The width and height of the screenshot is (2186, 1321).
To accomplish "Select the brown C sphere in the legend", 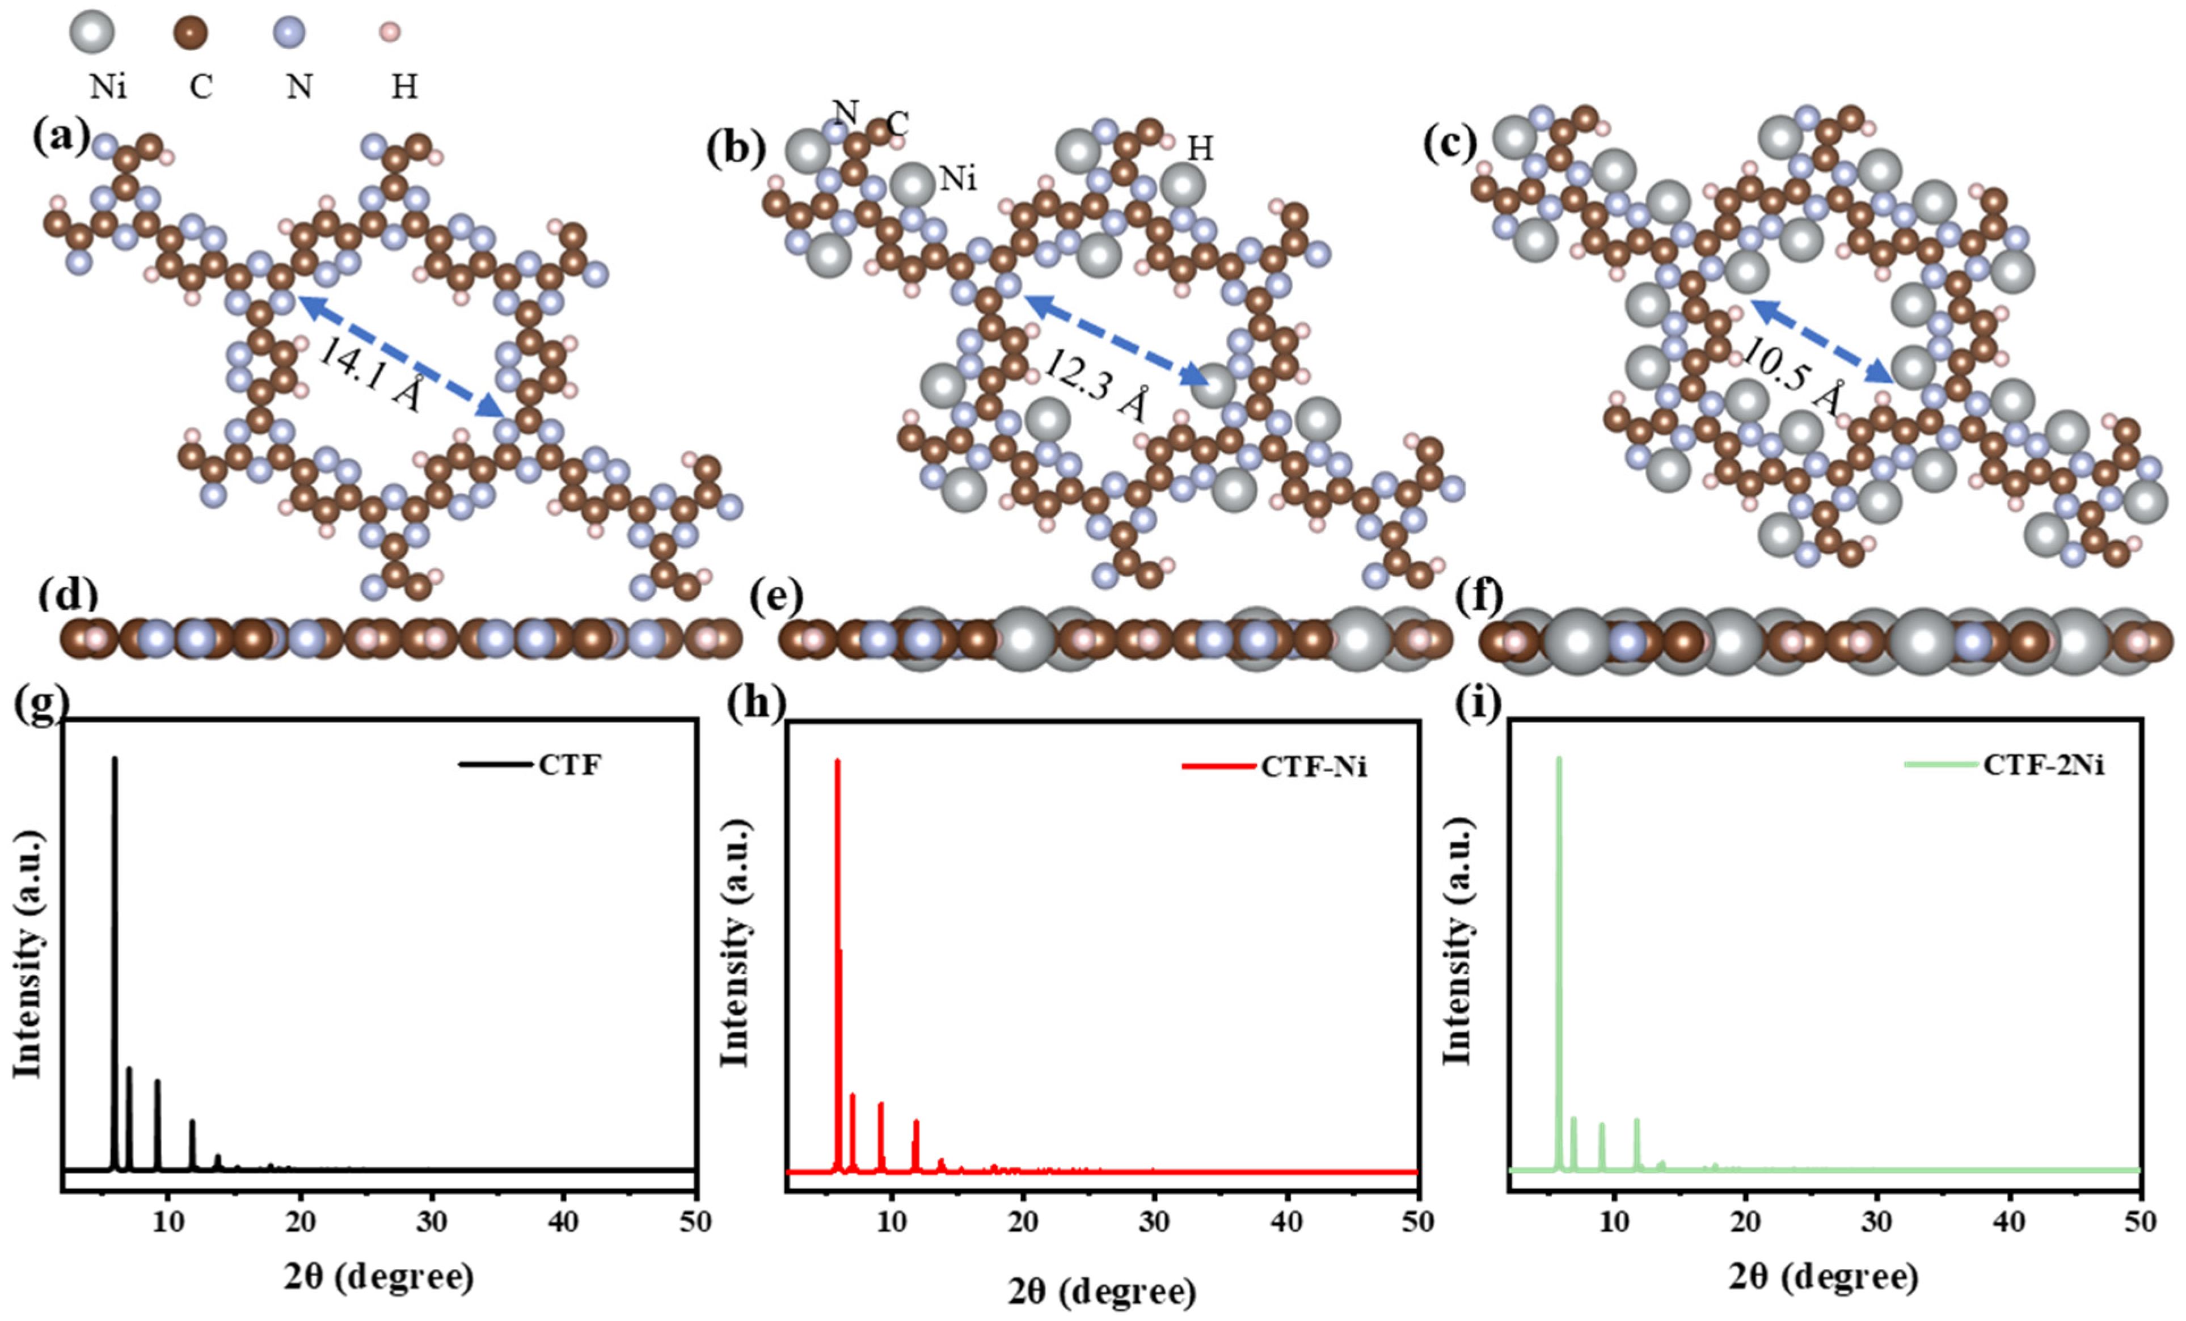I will (190, 33).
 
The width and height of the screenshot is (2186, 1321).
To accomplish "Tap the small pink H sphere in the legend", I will (390, 33).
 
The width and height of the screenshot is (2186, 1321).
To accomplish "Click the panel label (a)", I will (60, 137).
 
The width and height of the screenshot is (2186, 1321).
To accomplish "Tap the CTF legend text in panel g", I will (569, 764).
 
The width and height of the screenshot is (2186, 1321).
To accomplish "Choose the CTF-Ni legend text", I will (1314, 766).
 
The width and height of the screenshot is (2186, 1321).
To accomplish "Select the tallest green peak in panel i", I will (1559, 759).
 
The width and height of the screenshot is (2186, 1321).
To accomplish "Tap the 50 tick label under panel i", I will (2141, 1222).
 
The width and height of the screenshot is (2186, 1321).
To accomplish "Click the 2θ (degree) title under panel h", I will (1102, 1292).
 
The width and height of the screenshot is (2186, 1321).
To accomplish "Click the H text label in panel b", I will (1200, 149).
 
